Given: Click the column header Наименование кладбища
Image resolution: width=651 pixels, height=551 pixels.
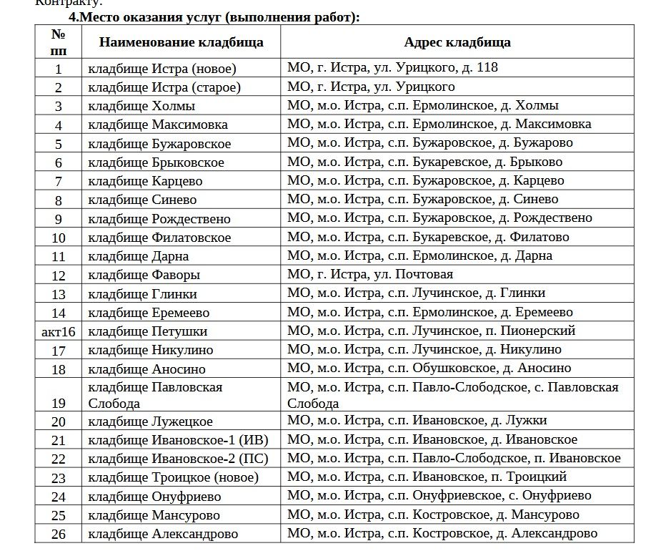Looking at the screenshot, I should pyautogui.click(x=181, y=42).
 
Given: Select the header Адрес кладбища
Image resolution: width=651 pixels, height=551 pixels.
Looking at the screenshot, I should pyautogui.click(x=457, y=42).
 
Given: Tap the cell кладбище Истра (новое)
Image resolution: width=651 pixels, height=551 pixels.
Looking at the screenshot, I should pyautogui.click(x=162, y=69).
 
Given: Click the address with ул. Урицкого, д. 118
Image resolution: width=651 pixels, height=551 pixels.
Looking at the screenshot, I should pyautogui.click(x=392, y=68).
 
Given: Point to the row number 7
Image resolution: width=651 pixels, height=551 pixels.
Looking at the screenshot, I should pyautogui.click(x=59, y=181).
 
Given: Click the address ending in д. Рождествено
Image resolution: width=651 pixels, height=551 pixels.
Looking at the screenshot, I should pyautogui.click(x=439, y=218).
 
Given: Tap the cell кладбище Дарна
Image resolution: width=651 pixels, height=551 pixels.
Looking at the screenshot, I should pyautogui.click(x=139, y=256).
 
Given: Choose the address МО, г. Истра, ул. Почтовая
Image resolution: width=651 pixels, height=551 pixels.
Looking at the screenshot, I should pyautogui.click(x=370, y=274).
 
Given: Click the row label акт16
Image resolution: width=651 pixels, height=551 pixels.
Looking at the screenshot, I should pyautogui.click(x=59, y=331).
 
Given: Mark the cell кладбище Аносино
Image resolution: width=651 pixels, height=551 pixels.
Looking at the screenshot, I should pyautogui.click(x=146, y=369).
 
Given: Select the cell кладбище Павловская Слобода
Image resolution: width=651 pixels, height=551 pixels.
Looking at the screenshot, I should pyautogui.click(x=155, y=395).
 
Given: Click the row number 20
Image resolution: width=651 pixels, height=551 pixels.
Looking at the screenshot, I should pyautogui.click(x=59, y=421).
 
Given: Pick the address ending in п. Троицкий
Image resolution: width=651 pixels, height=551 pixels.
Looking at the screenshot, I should pyautogui.click(x=427, y=477).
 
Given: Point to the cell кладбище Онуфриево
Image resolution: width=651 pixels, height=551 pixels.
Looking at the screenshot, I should pyautogui.click(x=154, y=497).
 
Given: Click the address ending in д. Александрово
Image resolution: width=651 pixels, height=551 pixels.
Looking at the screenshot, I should pyautogui.click(x=442, y=533).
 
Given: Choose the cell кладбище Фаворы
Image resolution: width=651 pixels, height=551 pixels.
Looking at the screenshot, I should pyautogui.click(x=144, y=275).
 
